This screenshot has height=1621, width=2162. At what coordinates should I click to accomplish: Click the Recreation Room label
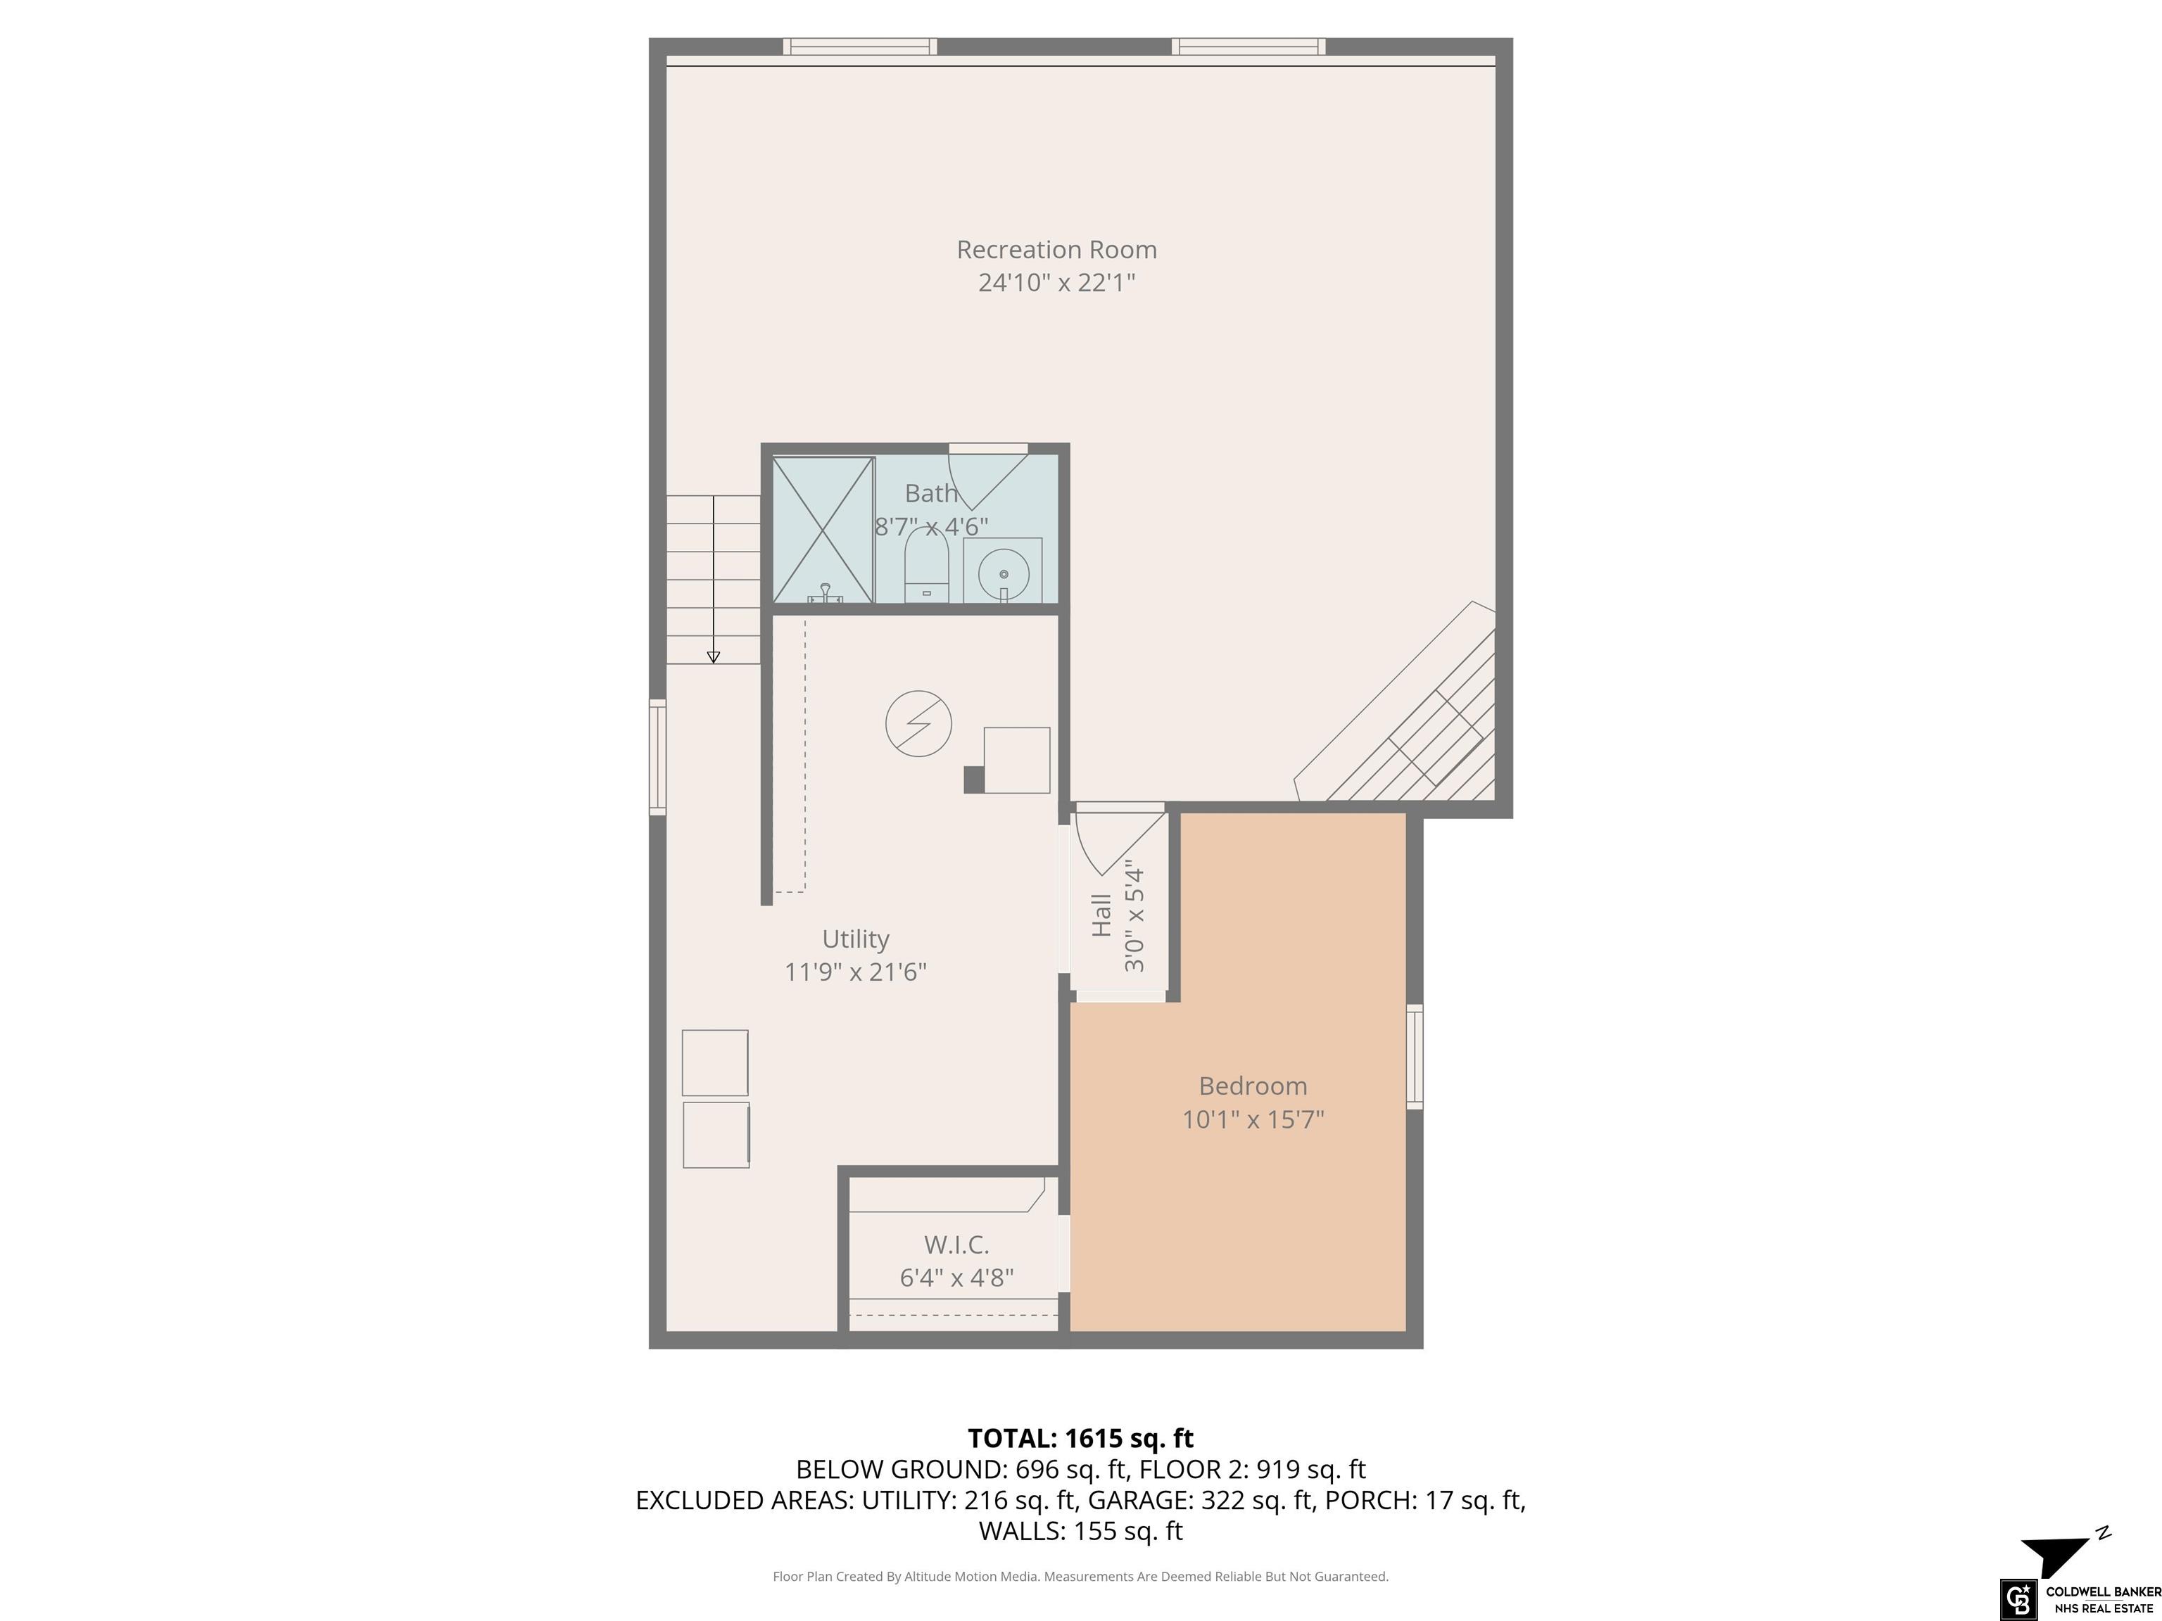click(1056, 250)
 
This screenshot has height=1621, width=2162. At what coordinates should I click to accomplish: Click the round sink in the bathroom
click(1003, 571)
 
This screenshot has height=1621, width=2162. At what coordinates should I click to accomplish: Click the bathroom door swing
click(988, 478)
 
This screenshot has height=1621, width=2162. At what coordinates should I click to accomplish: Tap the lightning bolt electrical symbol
click(918, 724)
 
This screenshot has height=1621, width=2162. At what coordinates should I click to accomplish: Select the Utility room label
click(855, 939)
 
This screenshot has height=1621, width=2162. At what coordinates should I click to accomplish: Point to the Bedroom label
click(1253, 1086)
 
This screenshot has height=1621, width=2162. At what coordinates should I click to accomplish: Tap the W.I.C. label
click(957, 1245)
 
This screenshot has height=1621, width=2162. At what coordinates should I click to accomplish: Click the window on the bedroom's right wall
click(1415, 1056)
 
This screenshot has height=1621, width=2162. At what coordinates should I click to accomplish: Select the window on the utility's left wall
click(658, 757)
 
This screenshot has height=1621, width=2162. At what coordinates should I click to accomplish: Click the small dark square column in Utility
click(973, 780)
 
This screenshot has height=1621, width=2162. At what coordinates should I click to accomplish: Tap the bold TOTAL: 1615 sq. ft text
click(1081, 1438)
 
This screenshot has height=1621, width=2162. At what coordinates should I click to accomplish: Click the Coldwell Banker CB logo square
click(2017, 1598)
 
